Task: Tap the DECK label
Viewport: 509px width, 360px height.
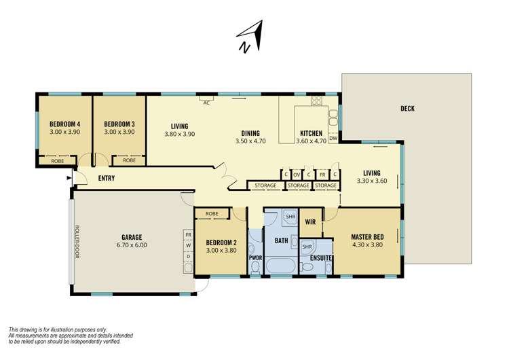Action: (x=407, y=109)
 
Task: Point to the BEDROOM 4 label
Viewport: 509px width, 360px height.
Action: (x=64, y=124)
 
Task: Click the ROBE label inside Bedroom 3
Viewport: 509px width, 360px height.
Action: (x=129, y=161)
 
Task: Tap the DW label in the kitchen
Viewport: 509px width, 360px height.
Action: (x=333, y=139)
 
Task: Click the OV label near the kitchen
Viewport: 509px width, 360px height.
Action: (x=297, y=175)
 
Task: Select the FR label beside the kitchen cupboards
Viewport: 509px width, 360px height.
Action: (x=322, y=175)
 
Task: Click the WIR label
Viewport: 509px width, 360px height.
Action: (x=311, y=221)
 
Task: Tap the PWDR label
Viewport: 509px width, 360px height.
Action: (x=255, y=258)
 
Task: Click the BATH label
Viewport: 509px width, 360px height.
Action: (x=281, y=240)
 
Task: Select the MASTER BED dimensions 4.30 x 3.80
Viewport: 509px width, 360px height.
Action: (x=369, y=246)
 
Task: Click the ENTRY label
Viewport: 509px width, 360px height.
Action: (x=107, y=178)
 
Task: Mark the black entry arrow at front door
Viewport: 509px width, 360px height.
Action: (x=69, y=178)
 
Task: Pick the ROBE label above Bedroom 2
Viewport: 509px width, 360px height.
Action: (x=211, y=214)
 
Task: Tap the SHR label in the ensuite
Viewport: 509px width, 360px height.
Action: (x=307, y=246)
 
